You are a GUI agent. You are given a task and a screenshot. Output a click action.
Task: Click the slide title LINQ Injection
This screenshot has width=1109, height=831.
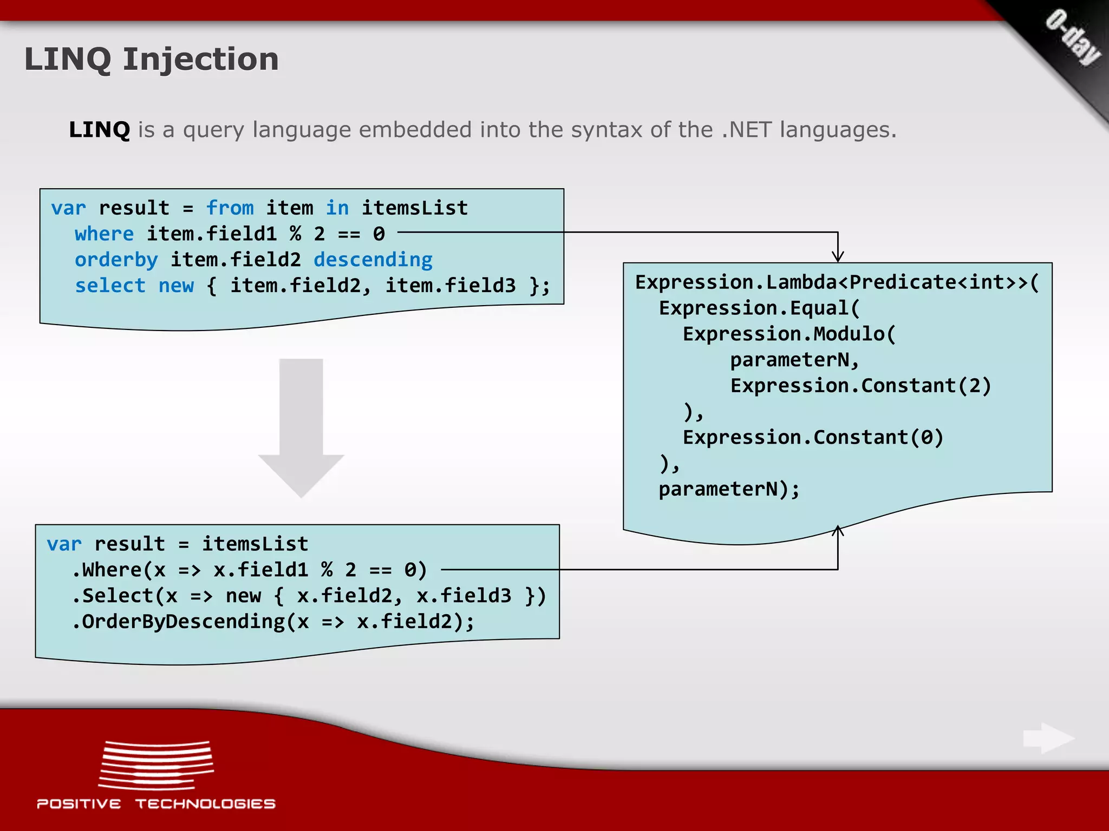click(151, 59)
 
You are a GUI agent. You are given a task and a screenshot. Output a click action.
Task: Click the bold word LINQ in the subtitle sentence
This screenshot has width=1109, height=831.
click(99, 130)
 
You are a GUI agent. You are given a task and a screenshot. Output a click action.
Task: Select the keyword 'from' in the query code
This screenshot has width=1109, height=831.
click(230, 208)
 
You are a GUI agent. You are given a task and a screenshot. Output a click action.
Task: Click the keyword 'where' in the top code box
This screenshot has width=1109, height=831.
click(104, 234)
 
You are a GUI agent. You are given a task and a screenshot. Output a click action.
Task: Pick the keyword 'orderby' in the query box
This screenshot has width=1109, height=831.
click(116, 260)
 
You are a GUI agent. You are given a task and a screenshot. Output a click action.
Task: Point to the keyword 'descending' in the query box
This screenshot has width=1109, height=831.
click(373, 260)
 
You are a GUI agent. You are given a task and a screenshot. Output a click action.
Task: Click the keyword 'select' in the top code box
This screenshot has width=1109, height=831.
click(110, 286)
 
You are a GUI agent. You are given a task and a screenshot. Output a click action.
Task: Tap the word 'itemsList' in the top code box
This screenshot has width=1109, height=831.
click(414, 208)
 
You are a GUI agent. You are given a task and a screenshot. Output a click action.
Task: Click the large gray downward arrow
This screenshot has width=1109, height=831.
click(301, 427)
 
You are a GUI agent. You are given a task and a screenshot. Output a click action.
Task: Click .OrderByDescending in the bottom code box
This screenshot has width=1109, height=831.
click(179, 622)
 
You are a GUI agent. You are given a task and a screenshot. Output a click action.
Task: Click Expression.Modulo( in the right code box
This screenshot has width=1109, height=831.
click(789, 334)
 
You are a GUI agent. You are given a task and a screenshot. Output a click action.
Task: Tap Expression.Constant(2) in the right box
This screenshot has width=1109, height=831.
click(860, 386)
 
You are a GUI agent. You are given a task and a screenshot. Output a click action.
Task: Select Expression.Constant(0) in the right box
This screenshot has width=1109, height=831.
click(813, 438)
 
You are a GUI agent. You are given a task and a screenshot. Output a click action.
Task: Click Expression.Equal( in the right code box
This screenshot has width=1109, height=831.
click(759, 308)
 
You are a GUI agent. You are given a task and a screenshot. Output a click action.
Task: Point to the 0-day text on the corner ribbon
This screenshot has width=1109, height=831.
click(1073, 38)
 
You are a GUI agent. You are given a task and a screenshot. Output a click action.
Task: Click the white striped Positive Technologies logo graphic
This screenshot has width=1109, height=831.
click(156, 765)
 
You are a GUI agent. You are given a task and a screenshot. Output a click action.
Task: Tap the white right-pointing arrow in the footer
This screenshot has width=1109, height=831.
click(1049, 738)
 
